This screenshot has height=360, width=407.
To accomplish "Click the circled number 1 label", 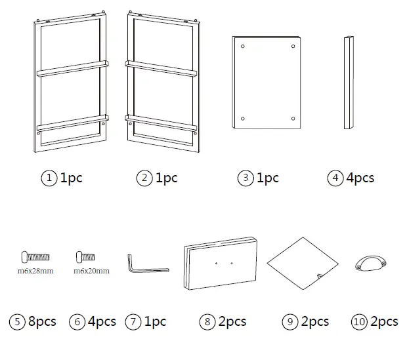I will (x=49, y=178).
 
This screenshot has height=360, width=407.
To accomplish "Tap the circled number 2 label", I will (x=144, y=178).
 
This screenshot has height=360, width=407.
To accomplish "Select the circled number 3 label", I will (x=246, y=178).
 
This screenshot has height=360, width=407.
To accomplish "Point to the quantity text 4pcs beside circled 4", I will (x=360, y=178).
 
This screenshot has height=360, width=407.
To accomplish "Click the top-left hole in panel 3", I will (x=244, y=47).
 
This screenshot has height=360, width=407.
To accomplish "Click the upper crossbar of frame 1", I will (x=72, y=68).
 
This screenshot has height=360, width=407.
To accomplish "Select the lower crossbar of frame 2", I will (x=161, y=124).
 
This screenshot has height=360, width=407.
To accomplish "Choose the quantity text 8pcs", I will (x=42, y=322).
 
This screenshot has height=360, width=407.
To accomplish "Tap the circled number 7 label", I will (x=134, y=322).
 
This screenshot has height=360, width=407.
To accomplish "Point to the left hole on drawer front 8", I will (x=217, y=262).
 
